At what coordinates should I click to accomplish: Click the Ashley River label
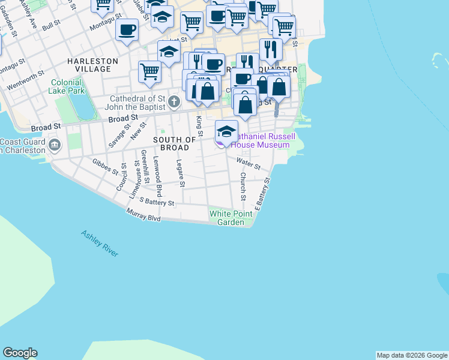coord(100,243)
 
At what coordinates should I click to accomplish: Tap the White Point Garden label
coord(227,218)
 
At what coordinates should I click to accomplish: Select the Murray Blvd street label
coord(143,216)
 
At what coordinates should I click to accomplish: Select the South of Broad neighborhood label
coord(175,143)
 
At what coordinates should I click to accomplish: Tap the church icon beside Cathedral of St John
coord(174,101)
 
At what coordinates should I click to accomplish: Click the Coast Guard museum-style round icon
coord(55,145)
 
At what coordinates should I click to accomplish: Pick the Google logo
coord(20,353)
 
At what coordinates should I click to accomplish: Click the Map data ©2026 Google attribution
coord(412,355)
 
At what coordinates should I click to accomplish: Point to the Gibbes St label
coord(106,167)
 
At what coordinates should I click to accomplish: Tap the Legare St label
coord(179,172)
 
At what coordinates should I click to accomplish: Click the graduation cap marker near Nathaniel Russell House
coord(226,131)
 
